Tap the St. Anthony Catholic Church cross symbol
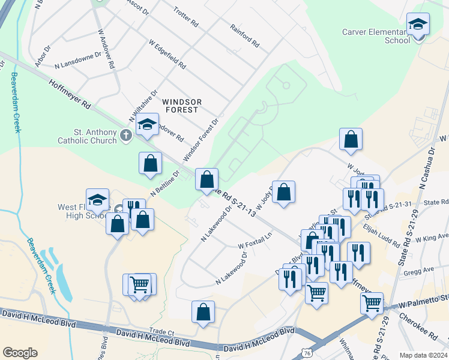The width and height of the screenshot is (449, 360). [125, 134]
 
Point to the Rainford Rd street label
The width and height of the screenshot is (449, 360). [244, 36]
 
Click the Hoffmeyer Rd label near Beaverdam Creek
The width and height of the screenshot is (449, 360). [70, 95]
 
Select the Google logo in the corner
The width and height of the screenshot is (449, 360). [20, 352]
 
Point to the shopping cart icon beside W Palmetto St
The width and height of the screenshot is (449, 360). [372, 303]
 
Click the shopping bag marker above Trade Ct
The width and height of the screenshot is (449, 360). [203, 312]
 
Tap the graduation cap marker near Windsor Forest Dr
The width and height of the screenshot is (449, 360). [146, 125]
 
